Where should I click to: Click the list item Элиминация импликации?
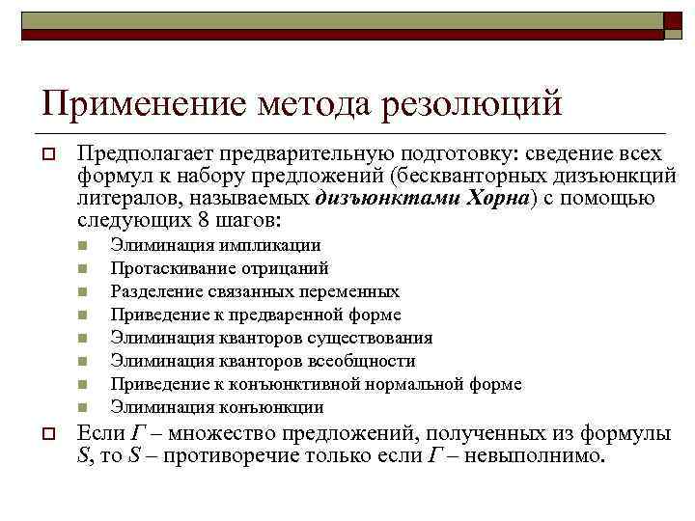click(215, 246)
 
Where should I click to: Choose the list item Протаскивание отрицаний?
click(219, 269)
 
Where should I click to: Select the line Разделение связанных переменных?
click(255, 292)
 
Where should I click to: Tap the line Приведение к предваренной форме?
click(256, 315)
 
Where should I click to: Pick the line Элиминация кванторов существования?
click(271, 339)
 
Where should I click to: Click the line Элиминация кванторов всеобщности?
click(263, 362)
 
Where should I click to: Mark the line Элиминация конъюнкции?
click(216, 408)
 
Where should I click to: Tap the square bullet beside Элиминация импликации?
click(84, 246)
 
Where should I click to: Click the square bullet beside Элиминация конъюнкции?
click(84, 408)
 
